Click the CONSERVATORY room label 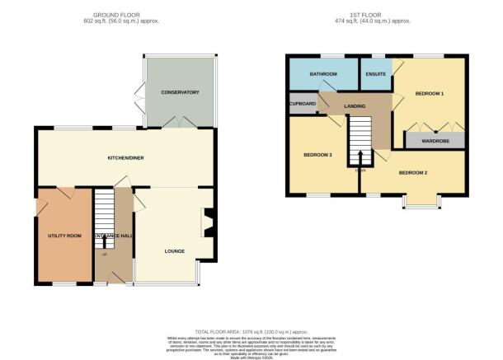coord(180,92)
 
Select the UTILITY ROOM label coord(63,236)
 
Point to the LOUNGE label coord(173,251)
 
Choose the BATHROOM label coord(323,75)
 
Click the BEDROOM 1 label coord(430,92)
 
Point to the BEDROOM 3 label coord(317,154)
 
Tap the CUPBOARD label coord(303,104)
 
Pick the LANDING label coord(355,105)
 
